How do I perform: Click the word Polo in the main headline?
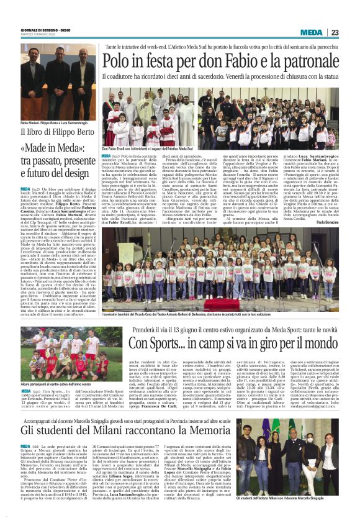tap(118, 61)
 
